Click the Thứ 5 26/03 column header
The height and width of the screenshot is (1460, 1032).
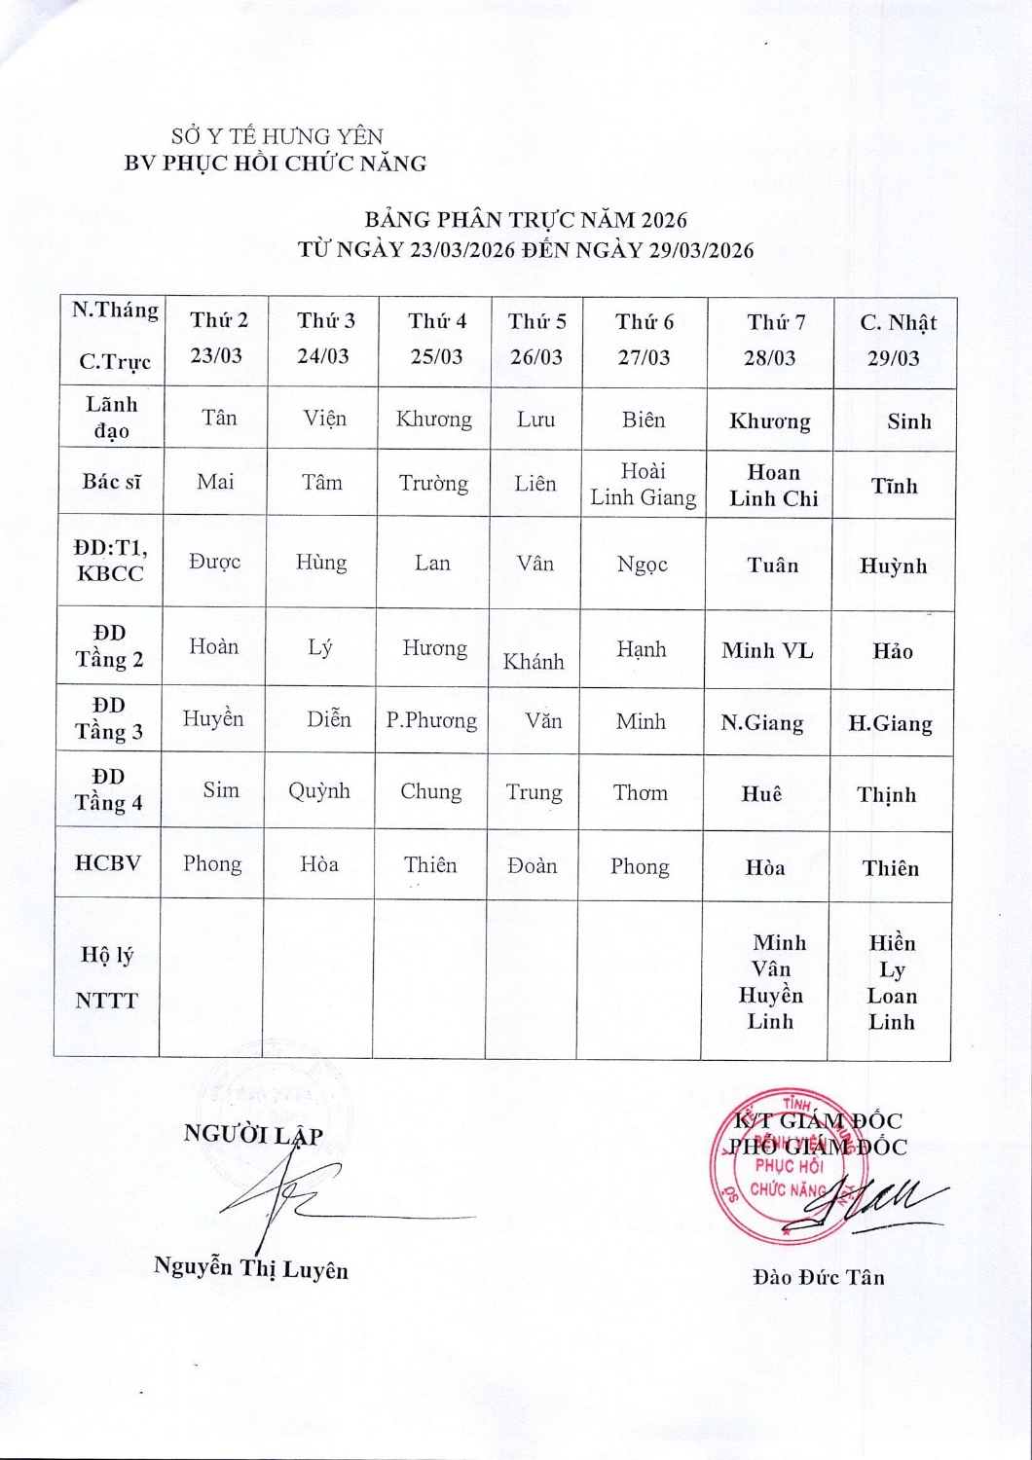[536, 340]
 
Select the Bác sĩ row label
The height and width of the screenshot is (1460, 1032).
[111, 481]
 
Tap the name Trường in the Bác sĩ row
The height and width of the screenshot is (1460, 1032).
[433, 483]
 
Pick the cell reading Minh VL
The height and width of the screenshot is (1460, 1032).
[767, 650]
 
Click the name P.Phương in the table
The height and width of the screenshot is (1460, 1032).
[431, 720]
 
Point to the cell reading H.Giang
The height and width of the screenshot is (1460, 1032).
[890, 723]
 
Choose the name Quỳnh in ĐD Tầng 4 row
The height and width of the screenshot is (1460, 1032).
[319, 791]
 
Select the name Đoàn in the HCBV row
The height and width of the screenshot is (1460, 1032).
[533, 865]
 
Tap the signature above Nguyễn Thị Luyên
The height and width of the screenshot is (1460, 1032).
[292, 1202]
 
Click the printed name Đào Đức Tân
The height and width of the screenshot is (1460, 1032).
[819, 1277]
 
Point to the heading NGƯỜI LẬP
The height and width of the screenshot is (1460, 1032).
[253, 1134]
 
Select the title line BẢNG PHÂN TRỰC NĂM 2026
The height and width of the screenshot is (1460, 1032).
[526, 220]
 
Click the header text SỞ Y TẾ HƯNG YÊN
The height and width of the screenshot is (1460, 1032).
[277, 136]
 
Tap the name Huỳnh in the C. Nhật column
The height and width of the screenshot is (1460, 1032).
[893, 566]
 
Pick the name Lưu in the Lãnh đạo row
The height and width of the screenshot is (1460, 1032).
[535, 420]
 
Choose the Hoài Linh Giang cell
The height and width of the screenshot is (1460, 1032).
[643, 485]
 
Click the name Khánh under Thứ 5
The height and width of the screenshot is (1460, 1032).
[534, 662]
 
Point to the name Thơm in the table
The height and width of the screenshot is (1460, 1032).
[640, 792]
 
